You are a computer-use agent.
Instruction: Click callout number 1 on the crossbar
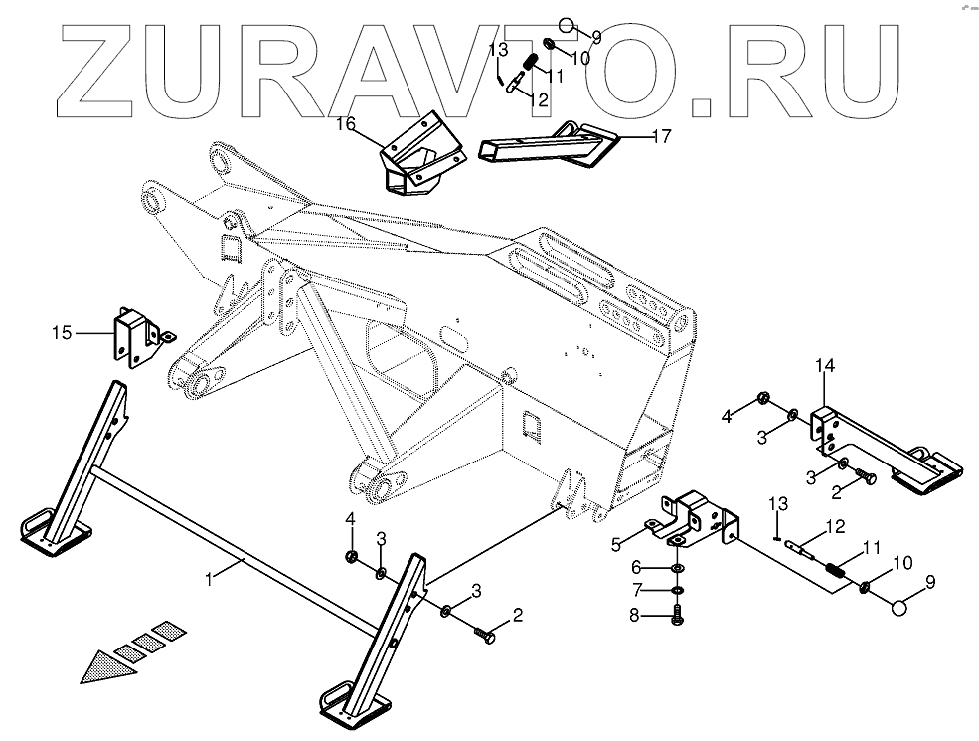pos(210,577)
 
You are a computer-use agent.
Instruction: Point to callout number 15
pos(63,332)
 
